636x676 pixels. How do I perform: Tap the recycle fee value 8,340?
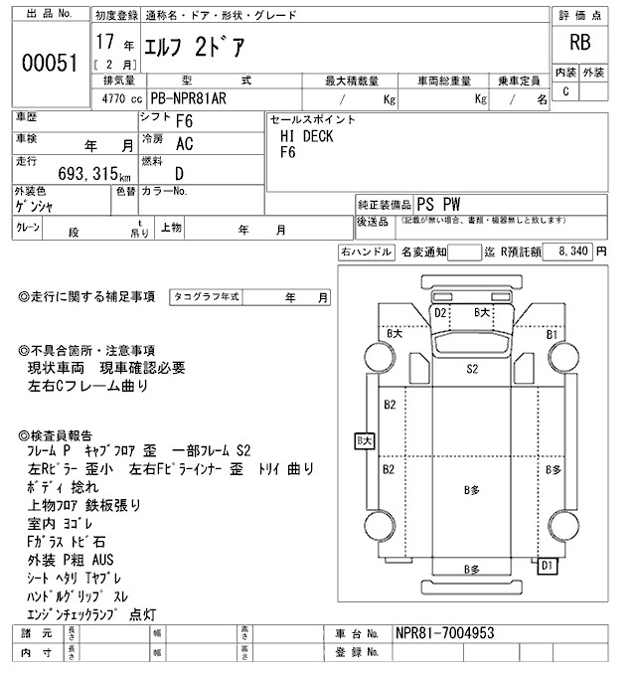(x=573, y=253)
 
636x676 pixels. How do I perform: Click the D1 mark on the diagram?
(x=546, y=566)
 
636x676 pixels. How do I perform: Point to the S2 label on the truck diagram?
(x=473, y=368)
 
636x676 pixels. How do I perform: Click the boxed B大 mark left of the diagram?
(x=364, y=439)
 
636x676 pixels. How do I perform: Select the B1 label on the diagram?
(x=552, y=335)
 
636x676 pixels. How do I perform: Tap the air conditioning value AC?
(x=185, y=143)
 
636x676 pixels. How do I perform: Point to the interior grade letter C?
(x=565, y=91)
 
